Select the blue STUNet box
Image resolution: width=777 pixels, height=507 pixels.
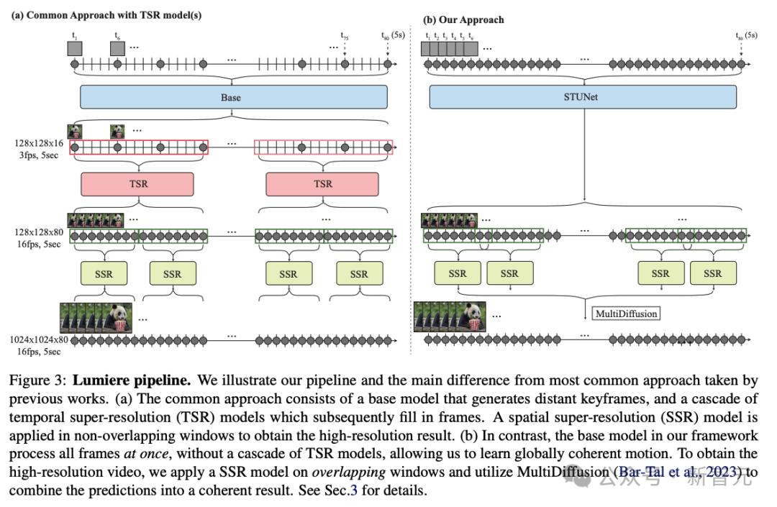coord(583,96)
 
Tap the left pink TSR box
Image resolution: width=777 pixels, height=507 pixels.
coord(137,184)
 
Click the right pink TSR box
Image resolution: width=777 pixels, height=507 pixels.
coord(322,184)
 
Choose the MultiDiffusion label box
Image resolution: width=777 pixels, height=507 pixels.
coord(627,314)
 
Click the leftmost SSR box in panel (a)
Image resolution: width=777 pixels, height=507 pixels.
coord(104,274)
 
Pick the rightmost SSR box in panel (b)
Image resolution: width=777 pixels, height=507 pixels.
coord(712,273)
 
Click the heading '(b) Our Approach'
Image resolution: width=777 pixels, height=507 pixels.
coord(463,20)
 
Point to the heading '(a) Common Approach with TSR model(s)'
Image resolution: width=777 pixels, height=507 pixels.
coord(106,15)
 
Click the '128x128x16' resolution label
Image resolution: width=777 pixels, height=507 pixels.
coord(39,143)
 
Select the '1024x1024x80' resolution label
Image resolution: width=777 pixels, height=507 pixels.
coord(39,339)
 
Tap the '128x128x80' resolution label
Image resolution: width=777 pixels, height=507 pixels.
coord(39,232)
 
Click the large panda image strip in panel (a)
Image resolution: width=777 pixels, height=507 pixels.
coord(96,318)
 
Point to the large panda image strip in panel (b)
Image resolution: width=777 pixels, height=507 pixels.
coord(450,317)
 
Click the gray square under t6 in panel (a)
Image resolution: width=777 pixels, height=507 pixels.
coord(117,48)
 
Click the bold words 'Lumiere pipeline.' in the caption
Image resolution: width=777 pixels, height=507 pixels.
coord(132,380)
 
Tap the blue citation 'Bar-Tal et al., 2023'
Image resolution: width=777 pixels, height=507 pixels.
coord(678,471)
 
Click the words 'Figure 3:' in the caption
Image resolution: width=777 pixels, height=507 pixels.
coord(37,380)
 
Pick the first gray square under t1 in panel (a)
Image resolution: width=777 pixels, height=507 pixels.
coord(75,48)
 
